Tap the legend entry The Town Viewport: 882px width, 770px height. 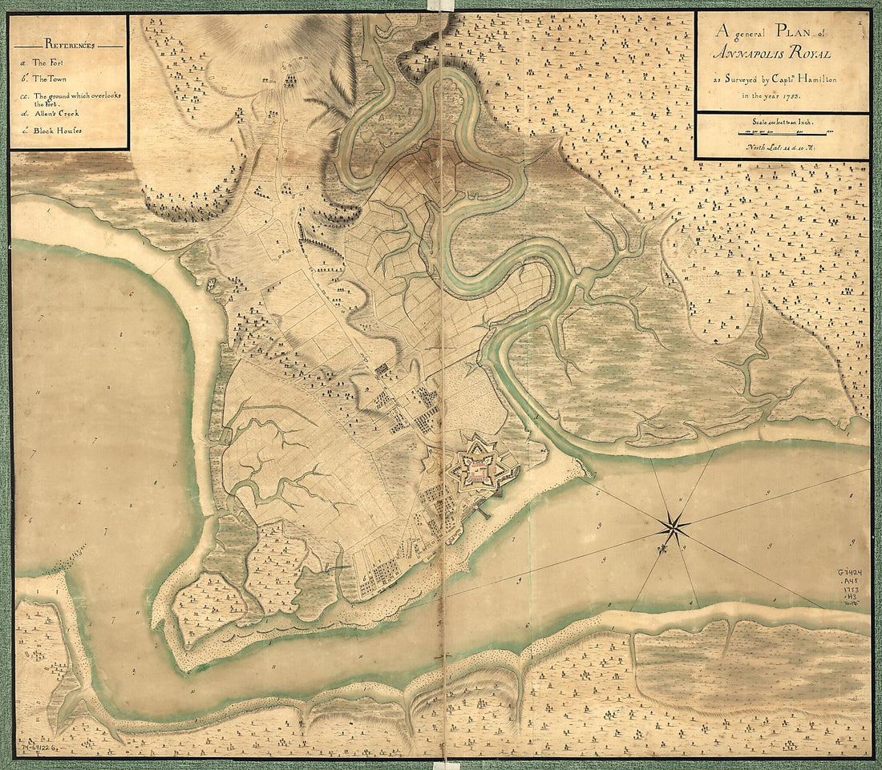(54, 79)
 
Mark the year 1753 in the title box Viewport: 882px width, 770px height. (790, 95)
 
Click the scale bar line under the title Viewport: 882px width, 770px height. (783, 134)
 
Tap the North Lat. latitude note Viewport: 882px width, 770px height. (782, 147)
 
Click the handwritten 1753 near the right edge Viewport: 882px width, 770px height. (851, 589)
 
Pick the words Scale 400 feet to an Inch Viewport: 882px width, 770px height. (782, 123)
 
